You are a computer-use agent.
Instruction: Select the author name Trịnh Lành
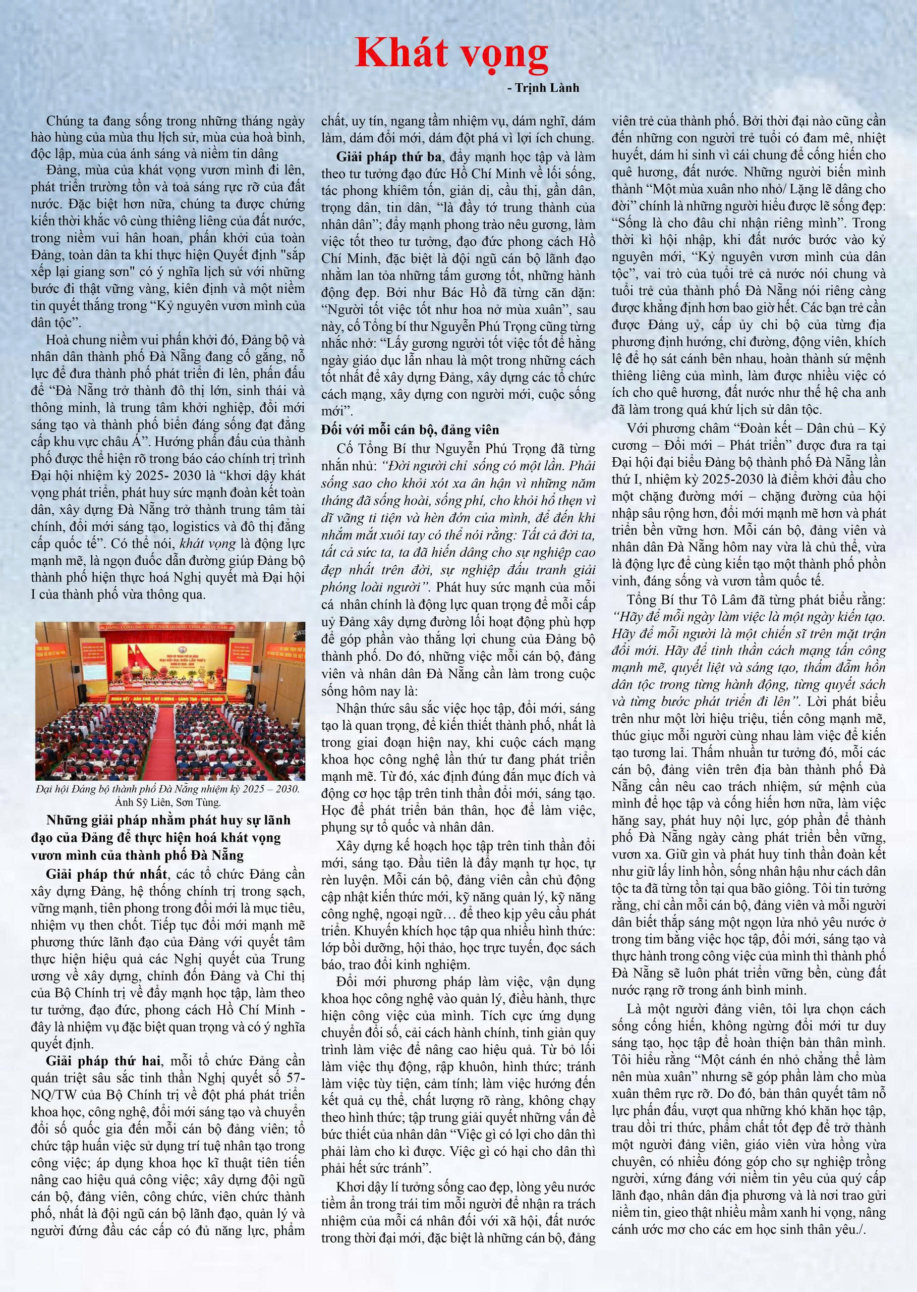tap(547, 88)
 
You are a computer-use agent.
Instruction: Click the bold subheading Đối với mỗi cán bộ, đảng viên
tap(410, 430)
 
